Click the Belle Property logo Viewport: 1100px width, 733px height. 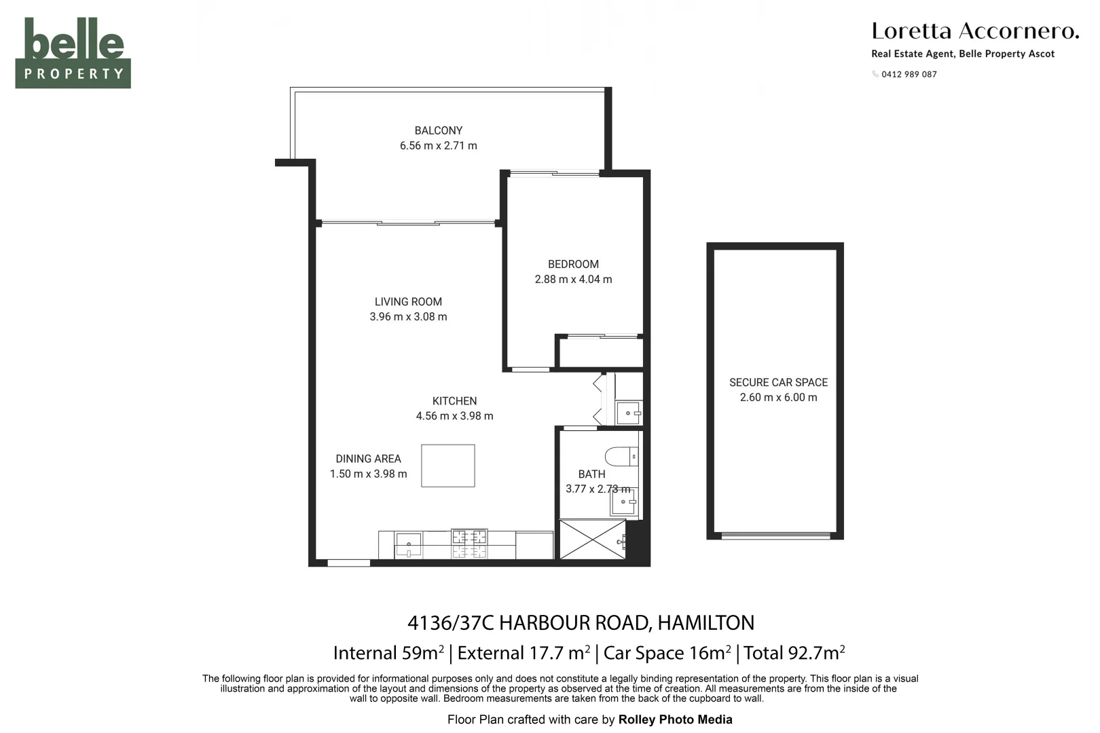[x=73, y=53]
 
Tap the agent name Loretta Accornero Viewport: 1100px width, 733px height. [x=974, y=31]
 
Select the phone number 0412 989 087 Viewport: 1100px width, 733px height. [x=909, y=75]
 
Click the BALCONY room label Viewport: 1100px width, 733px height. [x=438, y=130]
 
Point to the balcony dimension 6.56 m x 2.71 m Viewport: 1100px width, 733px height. [x=438, y=146]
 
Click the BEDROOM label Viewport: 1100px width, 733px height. [x=573, y=264]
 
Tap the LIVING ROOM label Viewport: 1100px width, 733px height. [x=408, y=301]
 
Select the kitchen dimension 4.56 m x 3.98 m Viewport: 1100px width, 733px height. [x=454, y=416]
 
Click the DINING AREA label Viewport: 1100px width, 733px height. [x=368, y=459]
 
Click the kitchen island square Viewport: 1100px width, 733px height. [x=447, y=466]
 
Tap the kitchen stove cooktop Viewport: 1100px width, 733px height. [x=469, y=544]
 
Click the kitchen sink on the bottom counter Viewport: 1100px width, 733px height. [x=409, y=544]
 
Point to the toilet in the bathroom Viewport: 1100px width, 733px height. [x=621, y=456]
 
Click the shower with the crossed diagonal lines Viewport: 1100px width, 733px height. [x=591, y=540]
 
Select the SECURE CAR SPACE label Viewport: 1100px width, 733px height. [x=778, y=382]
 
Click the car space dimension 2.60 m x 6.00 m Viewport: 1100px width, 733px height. [x=778, y=398]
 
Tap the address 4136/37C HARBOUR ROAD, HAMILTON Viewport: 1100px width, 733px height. [x=581, y=622]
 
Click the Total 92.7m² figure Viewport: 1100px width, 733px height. [x=794, y=653]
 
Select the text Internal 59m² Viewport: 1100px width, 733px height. [x=388, y=653]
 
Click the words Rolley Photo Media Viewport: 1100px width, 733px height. [x=675, y=719]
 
